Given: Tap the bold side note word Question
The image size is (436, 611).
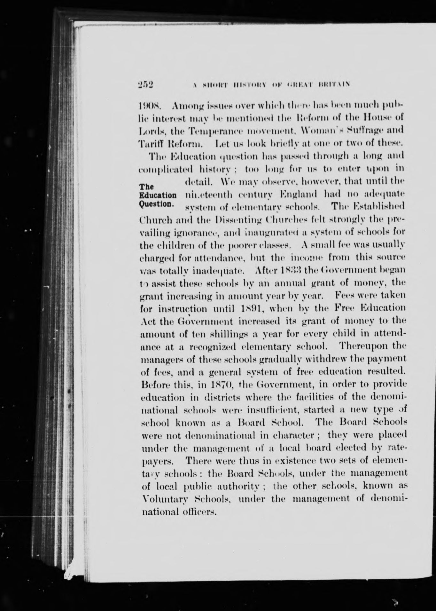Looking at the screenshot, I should point(157,203).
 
